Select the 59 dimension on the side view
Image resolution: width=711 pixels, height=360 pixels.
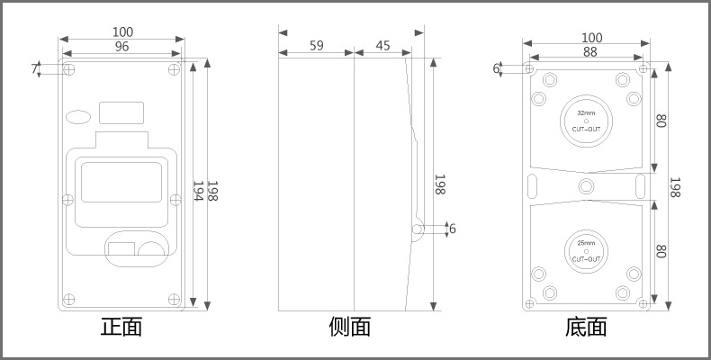click(317, 45)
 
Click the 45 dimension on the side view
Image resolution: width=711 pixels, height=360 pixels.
click(382, 45)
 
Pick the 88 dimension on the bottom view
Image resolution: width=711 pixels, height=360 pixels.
click(590, 53)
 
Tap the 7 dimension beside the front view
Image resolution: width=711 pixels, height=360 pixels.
click(35, 69)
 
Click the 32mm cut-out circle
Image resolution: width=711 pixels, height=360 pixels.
click(586, 120)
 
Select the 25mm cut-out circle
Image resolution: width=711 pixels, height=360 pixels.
click(586, 250)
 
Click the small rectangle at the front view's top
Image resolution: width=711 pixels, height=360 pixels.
click(121, 112)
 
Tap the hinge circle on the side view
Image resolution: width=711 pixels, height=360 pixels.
click(418, 229)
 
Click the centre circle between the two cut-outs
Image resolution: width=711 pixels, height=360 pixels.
click(586, 185)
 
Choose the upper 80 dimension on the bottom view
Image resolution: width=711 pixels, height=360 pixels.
click(661, 120)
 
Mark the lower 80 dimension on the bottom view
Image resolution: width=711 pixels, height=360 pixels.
click(661, 252)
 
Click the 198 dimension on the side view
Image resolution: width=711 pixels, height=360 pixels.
click(440, 185)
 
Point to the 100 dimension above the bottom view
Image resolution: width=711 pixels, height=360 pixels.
click(591, 38)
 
